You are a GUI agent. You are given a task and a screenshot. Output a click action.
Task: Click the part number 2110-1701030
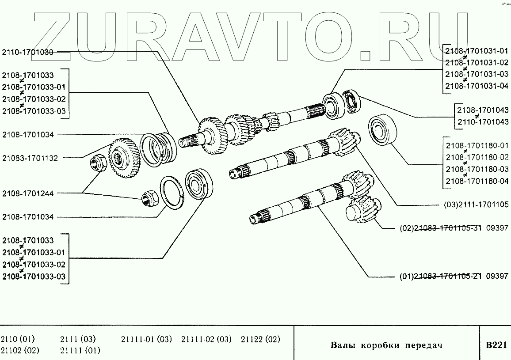pos(28,52)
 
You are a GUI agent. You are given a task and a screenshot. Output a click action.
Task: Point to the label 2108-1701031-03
pos(477,74)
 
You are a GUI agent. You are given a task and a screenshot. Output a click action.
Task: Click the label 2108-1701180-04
pos(477,181)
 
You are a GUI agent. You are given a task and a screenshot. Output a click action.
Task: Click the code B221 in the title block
pos(496,345)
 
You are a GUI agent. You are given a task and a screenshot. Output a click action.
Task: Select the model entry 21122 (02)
pos(261,339)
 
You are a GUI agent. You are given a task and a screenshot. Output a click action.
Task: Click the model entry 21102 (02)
pos(20,351)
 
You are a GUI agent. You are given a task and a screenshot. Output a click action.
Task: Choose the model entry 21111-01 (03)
pos(146,339)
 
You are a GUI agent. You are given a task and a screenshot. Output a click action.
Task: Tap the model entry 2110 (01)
pos(18,339)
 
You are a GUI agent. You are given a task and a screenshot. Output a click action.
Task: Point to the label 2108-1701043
pos(483,110)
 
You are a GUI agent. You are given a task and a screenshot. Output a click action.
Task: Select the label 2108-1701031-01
pos(477,50)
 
